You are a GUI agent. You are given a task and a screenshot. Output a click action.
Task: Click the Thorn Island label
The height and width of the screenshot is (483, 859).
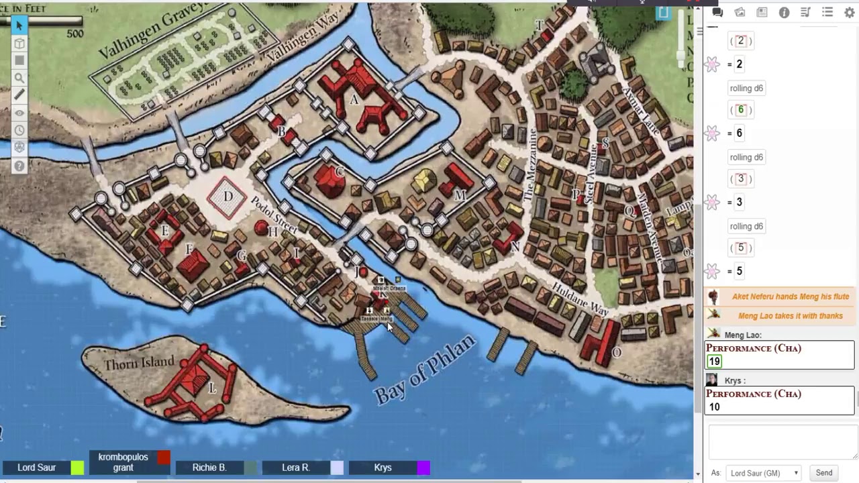(139, 363)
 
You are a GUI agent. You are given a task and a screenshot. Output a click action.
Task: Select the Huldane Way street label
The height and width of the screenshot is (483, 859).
(580, 299)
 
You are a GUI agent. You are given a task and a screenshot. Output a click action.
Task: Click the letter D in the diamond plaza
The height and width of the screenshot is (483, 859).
(228, 197)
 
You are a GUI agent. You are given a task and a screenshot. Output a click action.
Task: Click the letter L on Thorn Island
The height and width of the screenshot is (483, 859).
(212, 388)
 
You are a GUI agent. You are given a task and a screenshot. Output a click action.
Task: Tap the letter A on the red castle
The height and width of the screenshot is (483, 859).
(354, 100)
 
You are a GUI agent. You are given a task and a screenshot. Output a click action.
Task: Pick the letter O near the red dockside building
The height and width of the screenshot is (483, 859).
(616, 352)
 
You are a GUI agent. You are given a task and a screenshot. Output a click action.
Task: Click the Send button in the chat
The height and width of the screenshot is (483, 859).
(823, 473)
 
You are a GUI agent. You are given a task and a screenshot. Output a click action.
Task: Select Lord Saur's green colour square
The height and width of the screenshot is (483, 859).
(77, 468)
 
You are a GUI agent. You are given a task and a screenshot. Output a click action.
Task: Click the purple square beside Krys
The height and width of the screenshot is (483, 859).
(423, 468)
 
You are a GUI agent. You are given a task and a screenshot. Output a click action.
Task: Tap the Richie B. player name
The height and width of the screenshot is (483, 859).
(209, 468)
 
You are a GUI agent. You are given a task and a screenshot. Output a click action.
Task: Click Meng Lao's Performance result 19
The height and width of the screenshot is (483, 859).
(714, 361)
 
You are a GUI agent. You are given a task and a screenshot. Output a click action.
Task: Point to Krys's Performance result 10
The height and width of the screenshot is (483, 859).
(714, 407)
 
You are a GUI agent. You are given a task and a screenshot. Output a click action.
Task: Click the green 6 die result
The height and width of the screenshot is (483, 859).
(741, 110)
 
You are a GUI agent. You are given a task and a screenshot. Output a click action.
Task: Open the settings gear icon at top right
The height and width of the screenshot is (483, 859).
(849, 12)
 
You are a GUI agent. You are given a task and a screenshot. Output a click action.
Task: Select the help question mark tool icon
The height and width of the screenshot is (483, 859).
(19, 166)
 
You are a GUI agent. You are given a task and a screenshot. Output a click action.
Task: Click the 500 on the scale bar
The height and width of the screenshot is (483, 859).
(74, 34)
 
